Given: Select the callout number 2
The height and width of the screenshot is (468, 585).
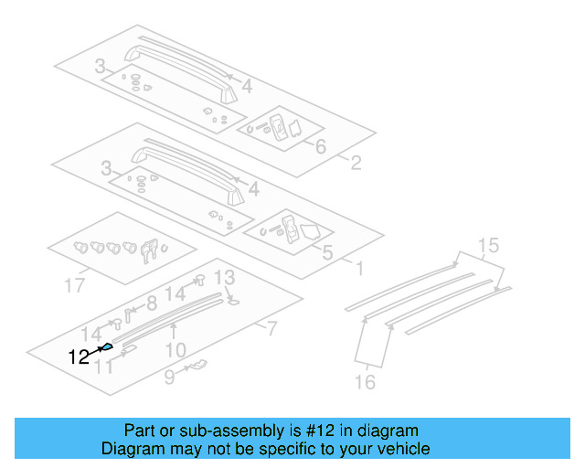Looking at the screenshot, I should (356, 165).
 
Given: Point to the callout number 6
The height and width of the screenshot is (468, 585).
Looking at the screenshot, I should (321, 147).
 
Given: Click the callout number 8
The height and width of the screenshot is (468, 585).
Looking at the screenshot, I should (152, 303).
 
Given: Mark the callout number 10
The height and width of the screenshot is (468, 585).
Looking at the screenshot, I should (175, 349).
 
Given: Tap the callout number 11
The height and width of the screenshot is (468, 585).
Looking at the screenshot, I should (105, 367).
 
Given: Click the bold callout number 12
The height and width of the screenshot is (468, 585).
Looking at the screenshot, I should (79, 356).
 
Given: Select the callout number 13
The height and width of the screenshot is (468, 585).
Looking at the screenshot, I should (224, 277).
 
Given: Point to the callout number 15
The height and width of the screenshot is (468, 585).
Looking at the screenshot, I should (489, 245).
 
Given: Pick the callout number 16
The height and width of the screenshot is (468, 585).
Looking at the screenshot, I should (365, 381).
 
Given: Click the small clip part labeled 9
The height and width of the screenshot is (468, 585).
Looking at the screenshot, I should (196, 367).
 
